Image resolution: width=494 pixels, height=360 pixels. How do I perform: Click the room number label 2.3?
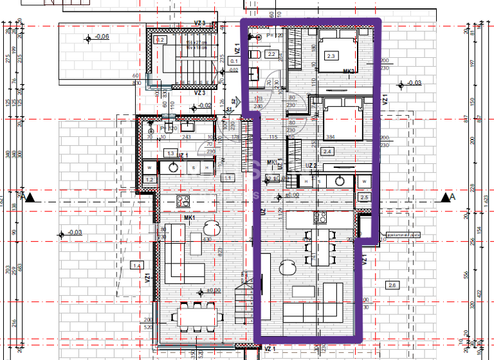click(331, 56)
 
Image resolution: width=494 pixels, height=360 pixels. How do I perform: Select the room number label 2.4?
click(327, 152)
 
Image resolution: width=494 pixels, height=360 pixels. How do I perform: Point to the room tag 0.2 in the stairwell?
click(160, 40)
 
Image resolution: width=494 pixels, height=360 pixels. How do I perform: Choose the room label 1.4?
click(136, 265)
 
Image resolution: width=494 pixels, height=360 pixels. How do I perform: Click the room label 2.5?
click(365, 197)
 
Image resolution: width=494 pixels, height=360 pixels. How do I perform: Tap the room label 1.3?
click(170, 154)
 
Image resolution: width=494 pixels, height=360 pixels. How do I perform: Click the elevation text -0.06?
click(102, 37)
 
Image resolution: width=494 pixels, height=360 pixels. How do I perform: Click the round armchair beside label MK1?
click(211, 226)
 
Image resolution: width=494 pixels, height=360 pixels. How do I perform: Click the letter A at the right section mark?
click(453, 197)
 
